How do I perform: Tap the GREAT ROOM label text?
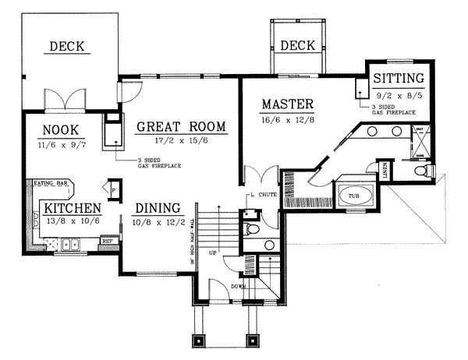click(181, 126)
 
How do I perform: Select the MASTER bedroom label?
click(288, 104)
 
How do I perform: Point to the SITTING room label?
click(398, 78)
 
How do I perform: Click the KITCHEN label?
click(72, 208)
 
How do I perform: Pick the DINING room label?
click(158, 208)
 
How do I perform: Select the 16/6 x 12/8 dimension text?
click(289, 119)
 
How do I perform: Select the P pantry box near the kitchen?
click(114, 188)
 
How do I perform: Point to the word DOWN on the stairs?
click(239, 287)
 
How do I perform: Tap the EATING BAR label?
click(49, 184)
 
